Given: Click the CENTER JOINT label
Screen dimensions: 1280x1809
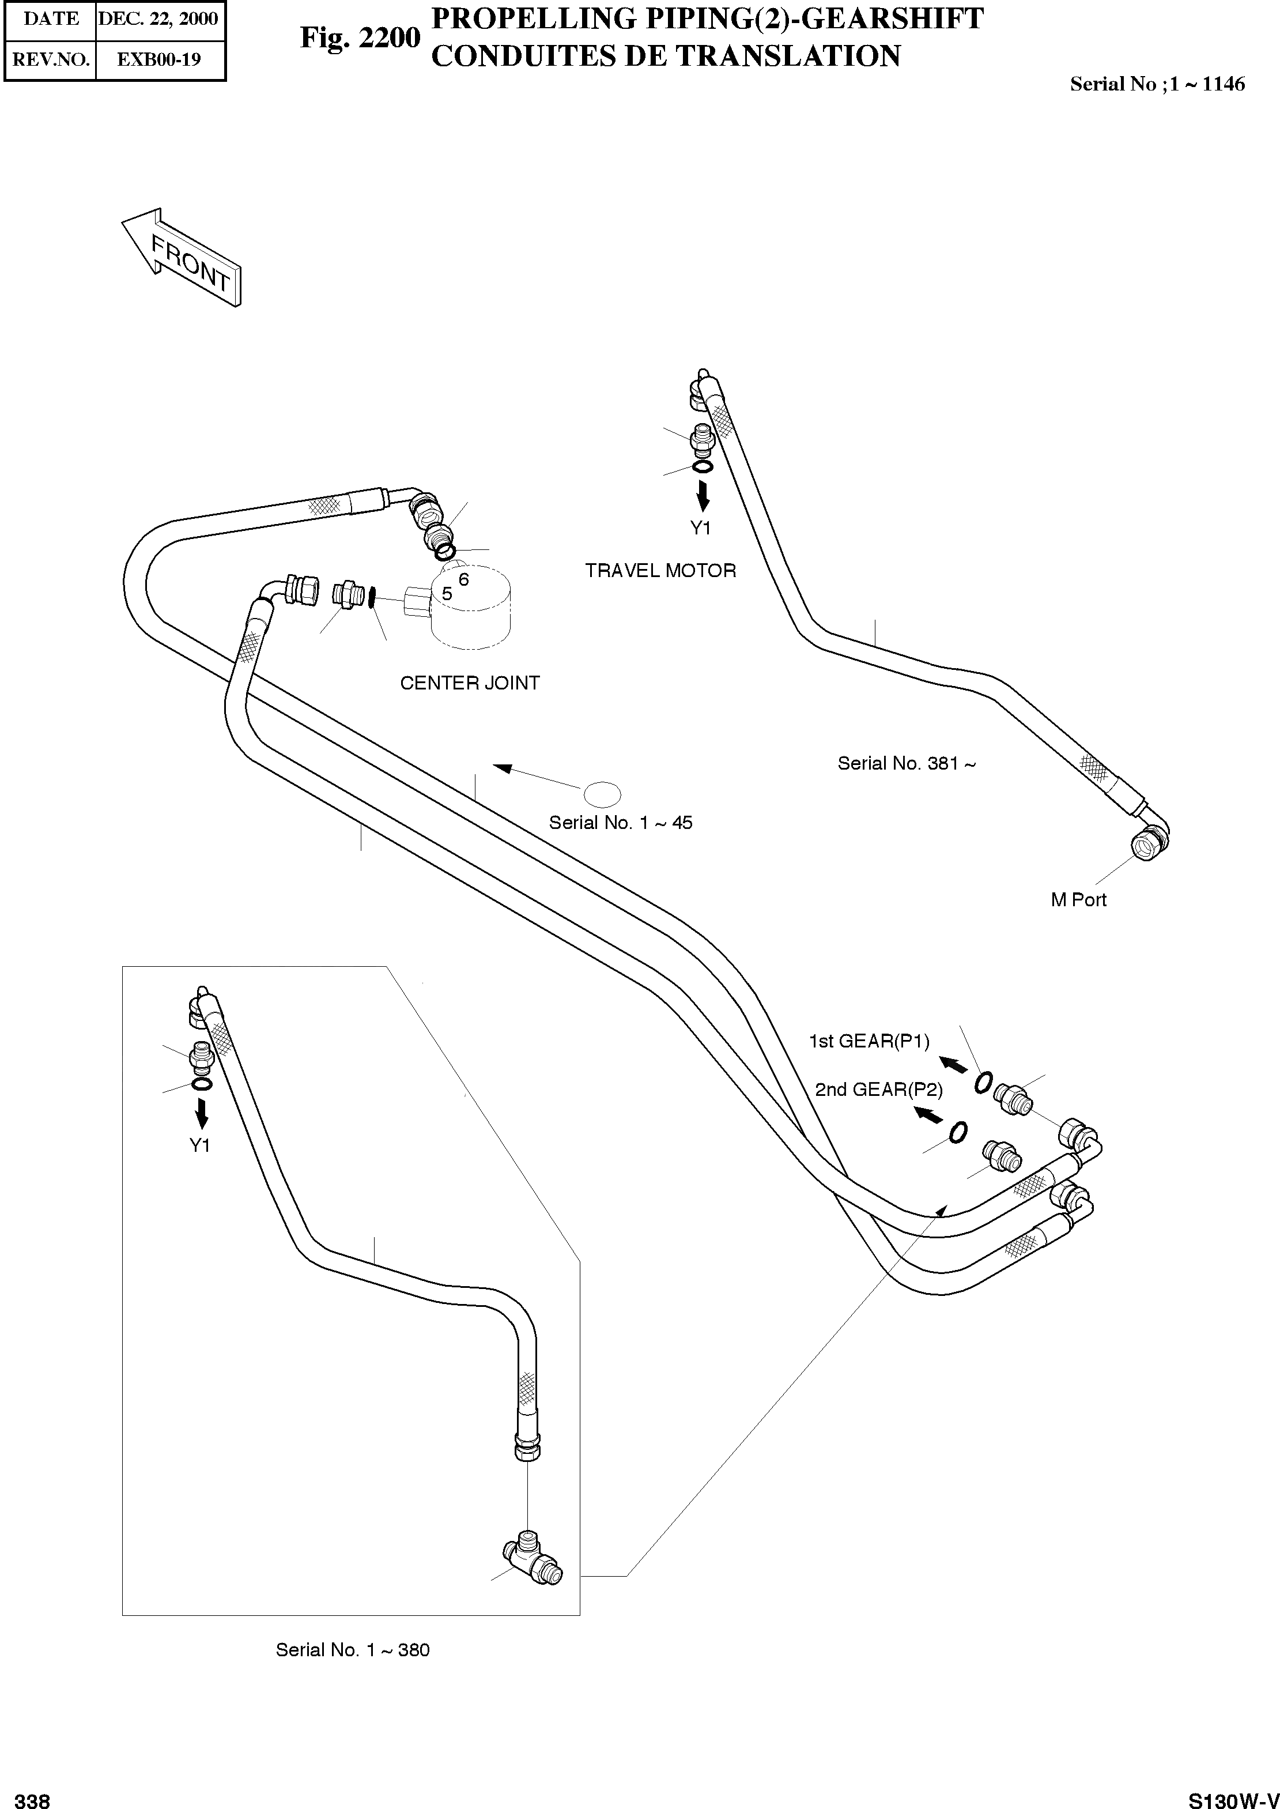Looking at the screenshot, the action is (470, 683).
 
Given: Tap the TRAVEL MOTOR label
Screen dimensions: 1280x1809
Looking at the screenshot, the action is (660, 570).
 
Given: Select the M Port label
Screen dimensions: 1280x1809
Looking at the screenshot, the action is (1078, 899).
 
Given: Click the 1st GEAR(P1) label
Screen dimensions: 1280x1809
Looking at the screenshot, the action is (869, 1041).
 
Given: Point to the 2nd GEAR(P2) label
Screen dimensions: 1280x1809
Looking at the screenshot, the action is (879, 1090).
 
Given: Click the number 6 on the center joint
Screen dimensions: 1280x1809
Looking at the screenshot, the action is (463, 579).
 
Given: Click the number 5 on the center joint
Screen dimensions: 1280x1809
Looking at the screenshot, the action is (447, 594).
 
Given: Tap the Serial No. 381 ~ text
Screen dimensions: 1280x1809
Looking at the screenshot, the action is (907, 763).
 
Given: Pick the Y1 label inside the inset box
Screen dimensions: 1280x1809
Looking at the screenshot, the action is (200, 1145).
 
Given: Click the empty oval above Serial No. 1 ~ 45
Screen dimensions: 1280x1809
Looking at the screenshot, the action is (601, 794).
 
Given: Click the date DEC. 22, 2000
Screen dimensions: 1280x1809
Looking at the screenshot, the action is (158, 19).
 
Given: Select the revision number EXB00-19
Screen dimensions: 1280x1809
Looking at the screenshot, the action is (158, 59).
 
